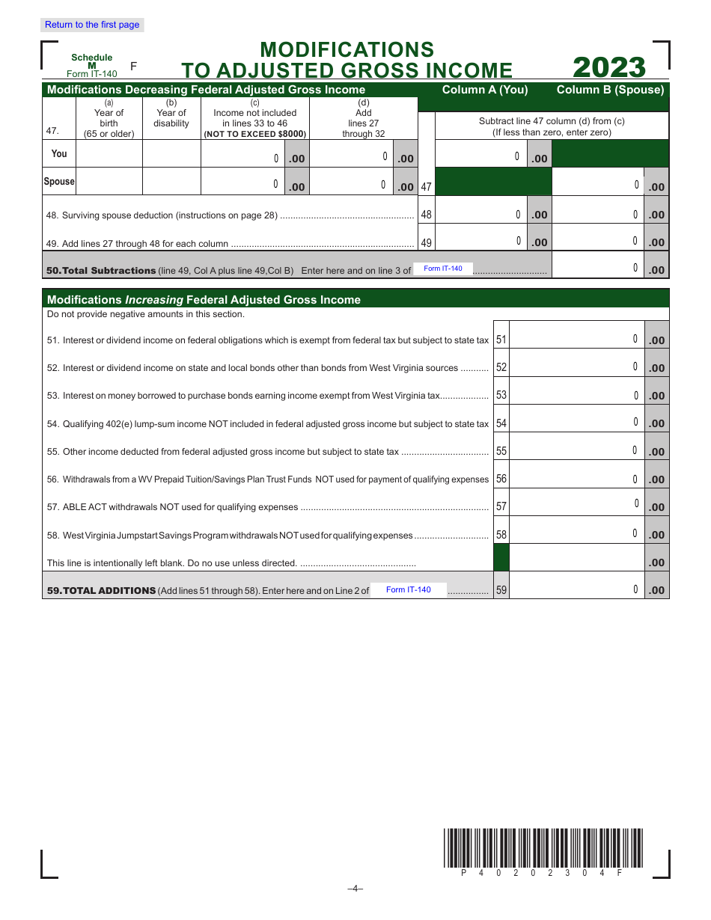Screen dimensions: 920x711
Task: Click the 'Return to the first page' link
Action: [x=92, y=25]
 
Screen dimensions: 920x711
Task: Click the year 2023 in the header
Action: [x=609, y=68]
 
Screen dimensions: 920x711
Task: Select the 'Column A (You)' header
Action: [x=485, y=90]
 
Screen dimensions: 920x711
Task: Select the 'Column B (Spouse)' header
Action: [x=610, y=90]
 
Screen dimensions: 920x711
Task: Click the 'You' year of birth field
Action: [x=109, y=153]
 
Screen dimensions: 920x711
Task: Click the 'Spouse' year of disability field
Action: [x=171, y=182]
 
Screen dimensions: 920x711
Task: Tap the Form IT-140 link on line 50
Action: [x=443, y=269]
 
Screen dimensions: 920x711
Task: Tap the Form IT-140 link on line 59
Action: [x=409, y=589]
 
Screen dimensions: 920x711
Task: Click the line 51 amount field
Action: [x=576, y=339]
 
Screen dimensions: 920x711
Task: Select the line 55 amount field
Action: [x=576, y=450]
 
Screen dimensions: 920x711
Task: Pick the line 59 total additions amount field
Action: [x=576, y=589]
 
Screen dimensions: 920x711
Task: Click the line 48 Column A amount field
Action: [x=480, y=214]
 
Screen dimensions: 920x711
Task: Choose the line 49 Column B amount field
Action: [x=597, y=241]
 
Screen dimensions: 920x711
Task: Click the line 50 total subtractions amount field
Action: [x=597, y=268]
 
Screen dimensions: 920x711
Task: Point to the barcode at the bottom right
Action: [x=543, y=848]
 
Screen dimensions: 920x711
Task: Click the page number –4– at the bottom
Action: [x=355, y=889]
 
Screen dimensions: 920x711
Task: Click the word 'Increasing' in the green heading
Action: [x=153, y=299]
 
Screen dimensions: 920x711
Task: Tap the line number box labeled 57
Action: [x=501, y=506]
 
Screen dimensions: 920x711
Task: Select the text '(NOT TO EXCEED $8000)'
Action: [x=254, y=134]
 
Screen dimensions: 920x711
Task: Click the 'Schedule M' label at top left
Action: [x=91, y=61]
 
